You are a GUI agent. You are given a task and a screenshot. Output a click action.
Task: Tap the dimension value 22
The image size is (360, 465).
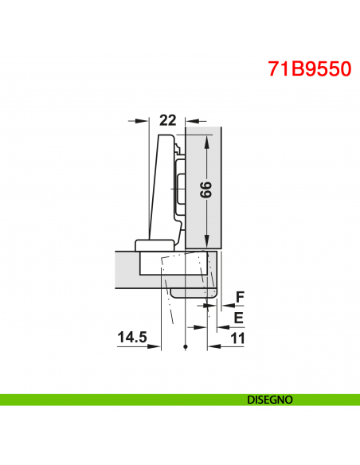click(x=167, y=120)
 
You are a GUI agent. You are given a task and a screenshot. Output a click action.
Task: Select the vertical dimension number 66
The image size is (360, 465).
click(x=205, y=191)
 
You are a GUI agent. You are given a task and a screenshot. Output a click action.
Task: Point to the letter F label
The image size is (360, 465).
click(x=239, y=298)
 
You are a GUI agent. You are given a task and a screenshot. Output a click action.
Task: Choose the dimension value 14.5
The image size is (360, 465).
click(x=132, y=338)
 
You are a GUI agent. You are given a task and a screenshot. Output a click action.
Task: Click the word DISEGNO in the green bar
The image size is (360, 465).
click(x=270, y=399)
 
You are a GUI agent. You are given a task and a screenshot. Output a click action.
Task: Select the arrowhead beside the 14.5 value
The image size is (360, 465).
click(x=155, y=346)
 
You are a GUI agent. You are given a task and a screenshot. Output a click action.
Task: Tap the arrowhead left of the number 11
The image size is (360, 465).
click(x=213, y=346)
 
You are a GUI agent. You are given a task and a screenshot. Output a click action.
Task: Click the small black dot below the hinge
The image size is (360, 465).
click(x=184, y=348)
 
